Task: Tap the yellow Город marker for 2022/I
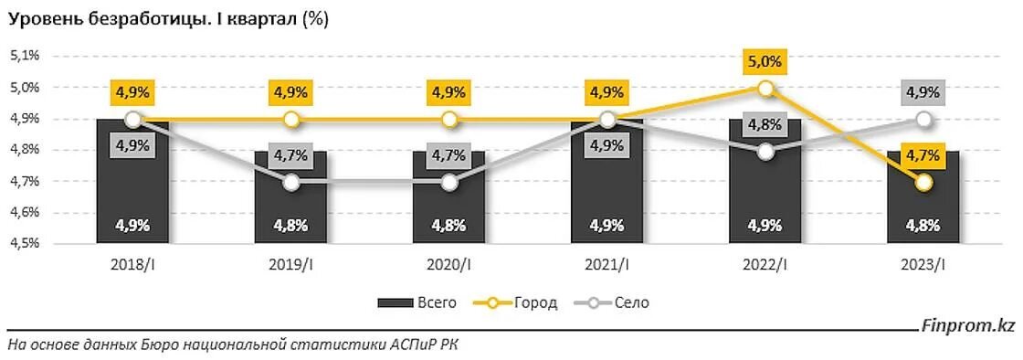pos(765,89)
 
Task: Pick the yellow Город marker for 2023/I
pos(923,183)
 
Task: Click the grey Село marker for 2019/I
pos(290,183)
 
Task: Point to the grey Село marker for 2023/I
pos(923,120)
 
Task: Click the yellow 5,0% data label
pos(765,62)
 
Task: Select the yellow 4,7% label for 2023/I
pos(923,155)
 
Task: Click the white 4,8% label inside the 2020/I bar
pos(448,225)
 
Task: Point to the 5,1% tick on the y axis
pos(25,56)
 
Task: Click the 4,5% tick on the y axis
pos(25,244)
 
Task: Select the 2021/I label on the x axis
pos(606,265)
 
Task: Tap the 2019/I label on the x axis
pos(290,265)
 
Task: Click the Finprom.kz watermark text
pos(969,325)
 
